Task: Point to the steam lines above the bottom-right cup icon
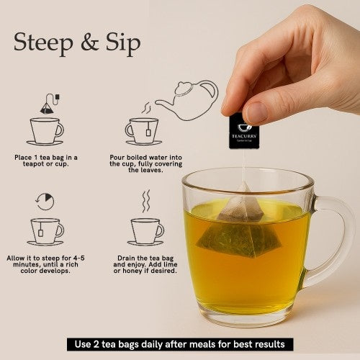146,201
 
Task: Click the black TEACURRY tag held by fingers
243,131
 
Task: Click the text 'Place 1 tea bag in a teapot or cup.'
45,161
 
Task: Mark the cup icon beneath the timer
45,230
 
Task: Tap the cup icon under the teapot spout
143,130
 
